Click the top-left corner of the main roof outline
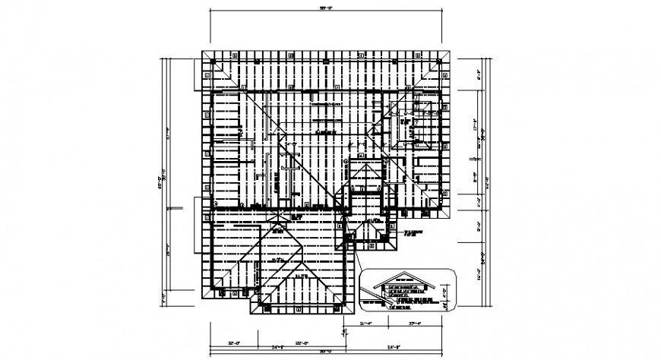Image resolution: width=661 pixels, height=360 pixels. [x=201, y=52]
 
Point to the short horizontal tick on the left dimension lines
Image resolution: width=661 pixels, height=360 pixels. [x=176, y=206]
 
